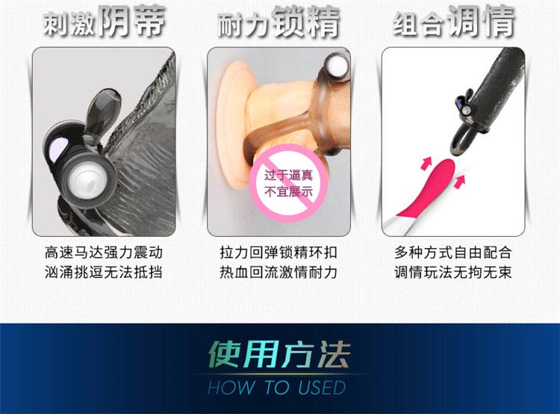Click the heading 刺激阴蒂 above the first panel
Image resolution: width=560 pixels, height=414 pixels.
[x=105, y=22]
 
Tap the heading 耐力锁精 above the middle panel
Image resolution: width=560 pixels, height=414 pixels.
[x=279, y=22]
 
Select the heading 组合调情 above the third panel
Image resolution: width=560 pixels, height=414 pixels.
[x=453, y=22]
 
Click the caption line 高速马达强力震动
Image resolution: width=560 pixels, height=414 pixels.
[x=104, y=253]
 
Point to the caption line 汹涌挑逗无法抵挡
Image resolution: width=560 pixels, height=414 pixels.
[x=104, y=272]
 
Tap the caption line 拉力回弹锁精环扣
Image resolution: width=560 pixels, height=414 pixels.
[x=279, y=253]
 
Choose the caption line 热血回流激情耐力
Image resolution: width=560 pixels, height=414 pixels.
[x=279, y=272]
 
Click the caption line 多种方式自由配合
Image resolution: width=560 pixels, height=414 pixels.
[x=453, y=253]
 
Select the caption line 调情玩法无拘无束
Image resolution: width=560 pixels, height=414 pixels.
[x=453, y=272]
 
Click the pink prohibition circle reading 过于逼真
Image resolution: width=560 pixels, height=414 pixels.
[x=288, y=183]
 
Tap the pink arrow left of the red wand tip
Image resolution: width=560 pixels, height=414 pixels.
[x=426, y=163]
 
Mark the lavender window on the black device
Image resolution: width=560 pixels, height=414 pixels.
[x=60, y=148]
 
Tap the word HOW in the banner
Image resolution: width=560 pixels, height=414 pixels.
[x=231, y=388]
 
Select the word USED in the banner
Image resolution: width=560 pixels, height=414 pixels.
[x=322, y=388]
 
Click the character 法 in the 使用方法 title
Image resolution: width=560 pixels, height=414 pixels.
[x=334, y=354]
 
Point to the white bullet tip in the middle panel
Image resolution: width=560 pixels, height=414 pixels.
[x=337, y=65]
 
